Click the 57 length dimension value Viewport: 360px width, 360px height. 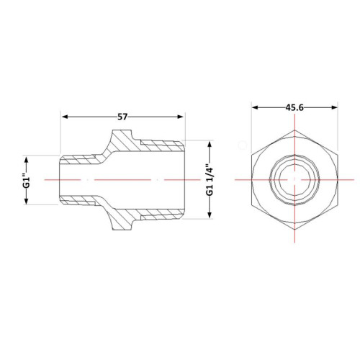(x=122, y=117)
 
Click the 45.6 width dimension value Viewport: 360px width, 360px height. (x=294, y=107)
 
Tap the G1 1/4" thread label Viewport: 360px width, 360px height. (x=210, y=179)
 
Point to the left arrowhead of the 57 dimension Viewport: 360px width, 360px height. (x=65, y=117)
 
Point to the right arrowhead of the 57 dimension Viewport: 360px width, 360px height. (x=180, y=117)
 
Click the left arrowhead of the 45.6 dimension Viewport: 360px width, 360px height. (x=255, y=107)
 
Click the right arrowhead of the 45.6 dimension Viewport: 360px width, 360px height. (x=334, y=107)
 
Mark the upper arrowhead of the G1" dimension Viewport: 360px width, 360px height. (x=27, y=159)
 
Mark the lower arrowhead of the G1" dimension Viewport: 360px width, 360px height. (x=27, y=201)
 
